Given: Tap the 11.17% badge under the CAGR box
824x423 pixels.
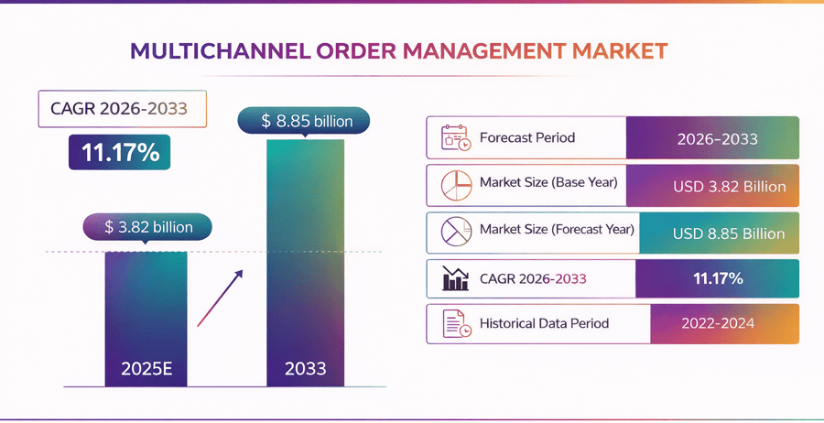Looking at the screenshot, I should coord(119,152).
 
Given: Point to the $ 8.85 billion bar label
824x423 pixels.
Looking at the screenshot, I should coord(304,120).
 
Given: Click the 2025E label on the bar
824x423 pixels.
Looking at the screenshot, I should coord(146,370).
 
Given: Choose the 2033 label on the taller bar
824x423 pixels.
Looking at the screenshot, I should coord(306,370).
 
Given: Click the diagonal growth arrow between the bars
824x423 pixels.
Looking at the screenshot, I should coord(221,297).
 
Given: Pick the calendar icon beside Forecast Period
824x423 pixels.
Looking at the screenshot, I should coord(455,138).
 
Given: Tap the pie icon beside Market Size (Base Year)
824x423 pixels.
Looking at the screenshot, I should coord(455,186).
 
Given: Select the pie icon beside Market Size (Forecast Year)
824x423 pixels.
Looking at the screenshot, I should coord(455,233).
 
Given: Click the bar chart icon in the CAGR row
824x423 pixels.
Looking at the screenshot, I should coord(455,278).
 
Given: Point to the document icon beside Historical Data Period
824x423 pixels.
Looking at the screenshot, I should coord(455,323).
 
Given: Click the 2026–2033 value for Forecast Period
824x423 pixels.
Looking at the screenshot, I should coord(718,138).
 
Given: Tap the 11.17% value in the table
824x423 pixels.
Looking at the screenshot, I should coord(718,278).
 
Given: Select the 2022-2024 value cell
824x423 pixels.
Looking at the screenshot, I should coord(718,323).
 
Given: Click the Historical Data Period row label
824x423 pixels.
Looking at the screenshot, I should coord(544,323).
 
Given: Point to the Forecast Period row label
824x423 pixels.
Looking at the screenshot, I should coord(527,138).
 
